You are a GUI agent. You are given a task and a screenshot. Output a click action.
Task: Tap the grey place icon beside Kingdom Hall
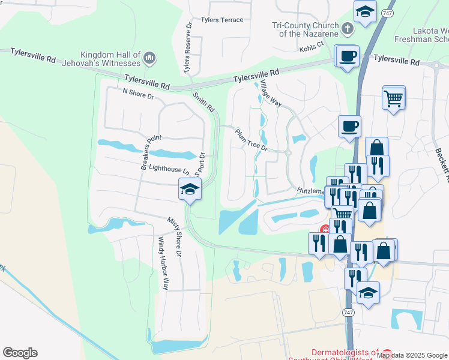(150, 59)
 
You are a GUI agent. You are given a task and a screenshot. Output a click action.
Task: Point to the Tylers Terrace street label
(222, 20)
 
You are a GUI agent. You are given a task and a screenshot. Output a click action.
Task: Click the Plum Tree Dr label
(250, 140)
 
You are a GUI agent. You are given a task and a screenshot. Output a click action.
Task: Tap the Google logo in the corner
(20, 353)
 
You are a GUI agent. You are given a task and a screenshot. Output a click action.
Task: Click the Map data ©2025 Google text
(412, 355)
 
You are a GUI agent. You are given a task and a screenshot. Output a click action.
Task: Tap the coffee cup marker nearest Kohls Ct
(348, 58)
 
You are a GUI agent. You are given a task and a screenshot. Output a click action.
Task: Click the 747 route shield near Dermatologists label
(348, 313)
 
